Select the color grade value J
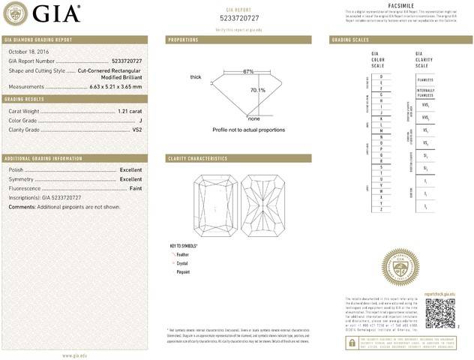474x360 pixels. click(x=140, y=120)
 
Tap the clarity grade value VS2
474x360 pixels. click(x=137, y=130)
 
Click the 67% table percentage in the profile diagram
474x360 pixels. click(x=248, y=71)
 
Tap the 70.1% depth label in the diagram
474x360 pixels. click(x=257, y=90)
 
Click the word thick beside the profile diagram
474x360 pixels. click(x=196, y=77)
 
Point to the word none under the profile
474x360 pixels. click(x=253, y=118)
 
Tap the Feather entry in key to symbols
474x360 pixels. click(x=182, y=255)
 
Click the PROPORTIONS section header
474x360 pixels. click(x=183, y=39)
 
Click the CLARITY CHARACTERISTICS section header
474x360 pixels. click(x=198, y=159)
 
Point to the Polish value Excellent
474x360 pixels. click(x=130, y=170)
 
